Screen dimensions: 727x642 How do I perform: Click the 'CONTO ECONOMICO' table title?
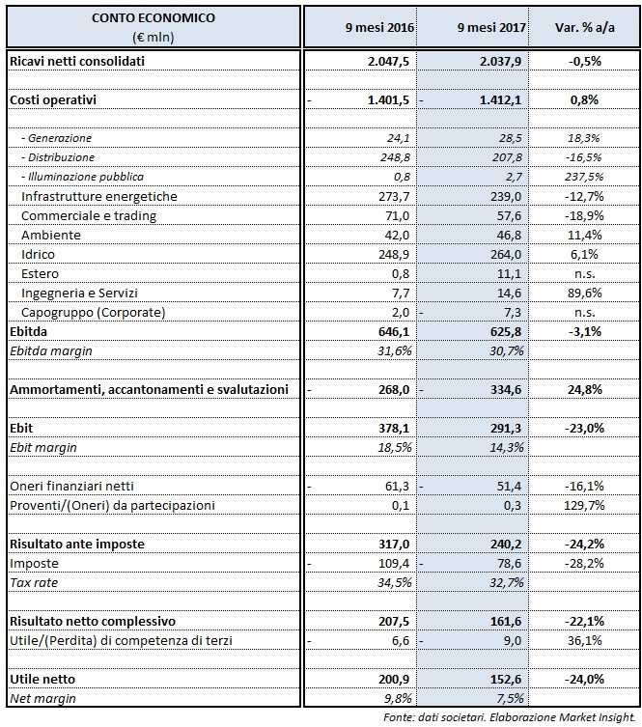[154, 18]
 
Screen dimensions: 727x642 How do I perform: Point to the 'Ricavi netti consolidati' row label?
[77, 61]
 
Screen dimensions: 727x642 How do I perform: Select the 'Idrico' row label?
[39, 254]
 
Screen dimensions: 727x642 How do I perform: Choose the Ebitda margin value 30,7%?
[505, 350]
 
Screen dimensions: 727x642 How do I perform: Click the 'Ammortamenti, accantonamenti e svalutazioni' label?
[149, 389]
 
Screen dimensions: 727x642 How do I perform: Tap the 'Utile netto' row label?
[42, 679]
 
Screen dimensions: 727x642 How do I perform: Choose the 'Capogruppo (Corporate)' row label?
[93, 312]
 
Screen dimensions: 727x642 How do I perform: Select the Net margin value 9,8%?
[396, 698]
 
